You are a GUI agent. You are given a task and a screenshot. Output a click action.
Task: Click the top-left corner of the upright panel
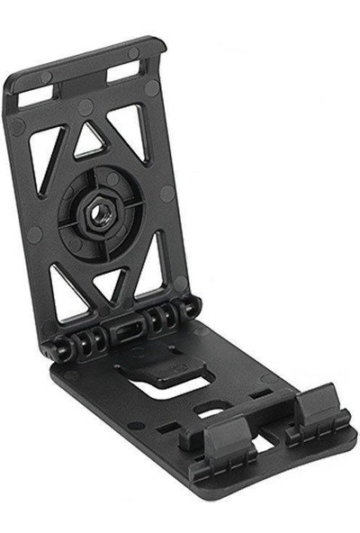14,76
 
